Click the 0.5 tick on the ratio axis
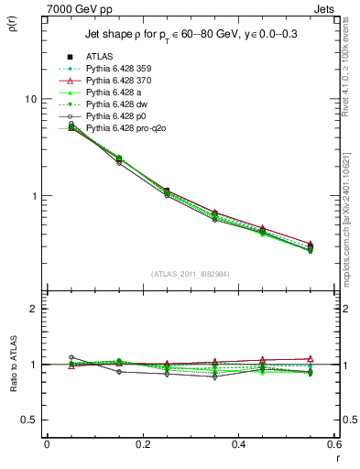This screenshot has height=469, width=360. click(29, 420)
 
